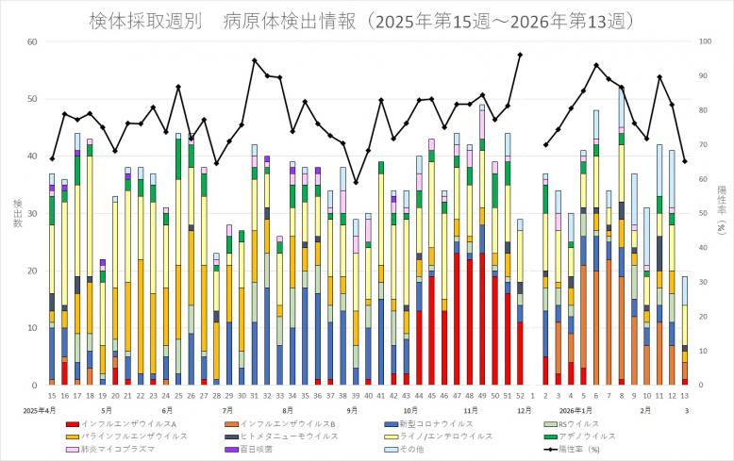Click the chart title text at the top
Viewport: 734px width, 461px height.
tap(366, 20)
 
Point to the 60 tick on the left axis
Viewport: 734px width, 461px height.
tap(32, 41)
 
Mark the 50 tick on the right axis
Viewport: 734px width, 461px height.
tap(702, 214)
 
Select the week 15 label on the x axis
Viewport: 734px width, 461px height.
tap(52, 397)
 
